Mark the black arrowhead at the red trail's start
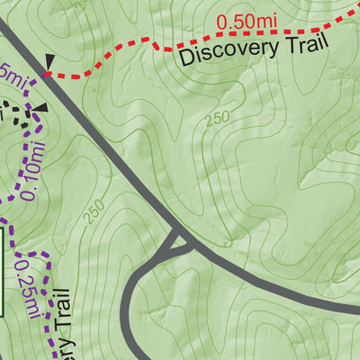50,61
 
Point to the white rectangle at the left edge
3,271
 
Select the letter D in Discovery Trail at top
187,60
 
